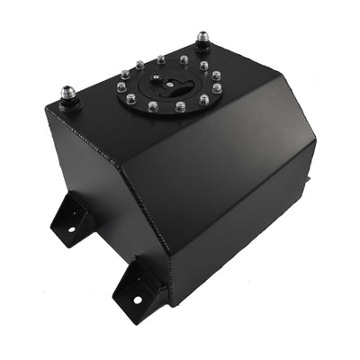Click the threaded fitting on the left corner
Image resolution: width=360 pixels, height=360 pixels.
coord(68,94)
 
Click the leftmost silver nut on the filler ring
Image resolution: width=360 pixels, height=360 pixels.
coord(121,88)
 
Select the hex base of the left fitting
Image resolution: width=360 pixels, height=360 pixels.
coord(69,102)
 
